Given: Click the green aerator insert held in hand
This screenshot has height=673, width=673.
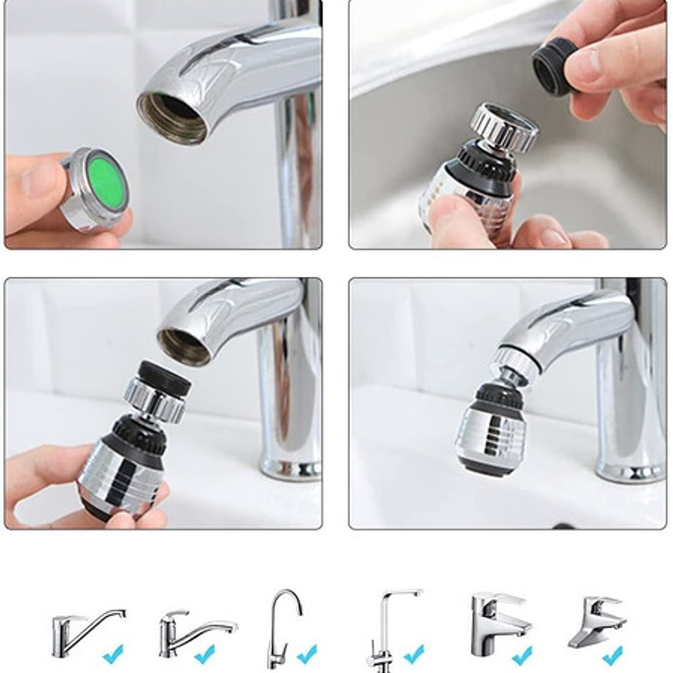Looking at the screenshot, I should [105, 181].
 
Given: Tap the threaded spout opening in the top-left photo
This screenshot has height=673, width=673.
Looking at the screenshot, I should [173, 116].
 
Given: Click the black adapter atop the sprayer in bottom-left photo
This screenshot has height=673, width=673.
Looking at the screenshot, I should [165, 376].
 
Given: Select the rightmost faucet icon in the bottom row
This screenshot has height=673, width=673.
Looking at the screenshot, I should [595, 623].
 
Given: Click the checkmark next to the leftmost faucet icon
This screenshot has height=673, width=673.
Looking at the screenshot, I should [112, 655].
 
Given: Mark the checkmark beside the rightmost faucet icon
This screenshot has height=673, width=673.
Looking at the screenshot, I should [612, 655].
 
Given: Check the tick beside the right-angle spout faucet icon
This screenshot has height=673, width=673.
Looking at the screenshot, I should [414, 655].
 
